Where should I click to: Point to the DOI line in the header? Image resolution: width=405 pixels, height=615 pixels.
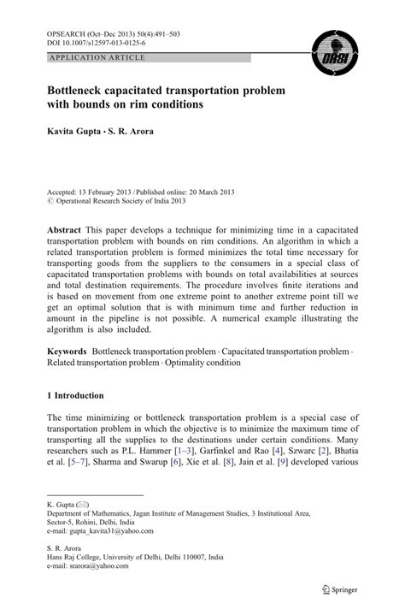pos(97,42)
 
